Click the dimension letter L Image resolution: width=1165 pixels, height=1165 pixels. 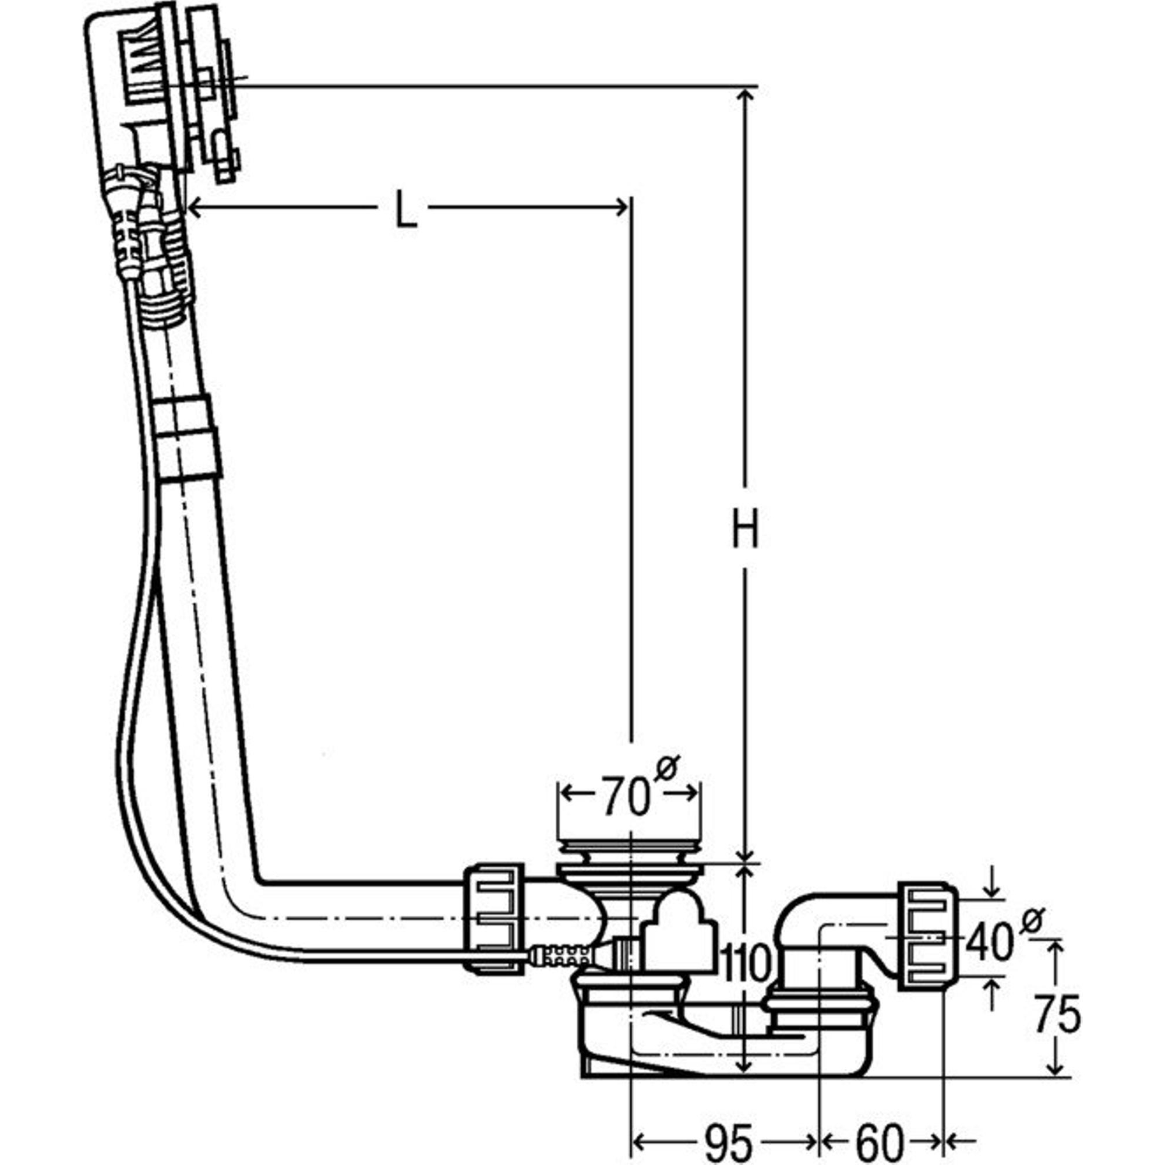(x=405, y=209)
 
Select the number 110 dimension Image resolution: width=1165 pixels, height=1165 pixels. (x=746, y=963)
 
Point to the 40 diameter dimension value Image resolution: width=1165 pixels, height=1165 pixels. (x=989, y=942)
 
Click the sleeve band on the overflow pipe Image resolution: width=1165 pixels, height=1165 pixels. (x=186, y=439)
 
